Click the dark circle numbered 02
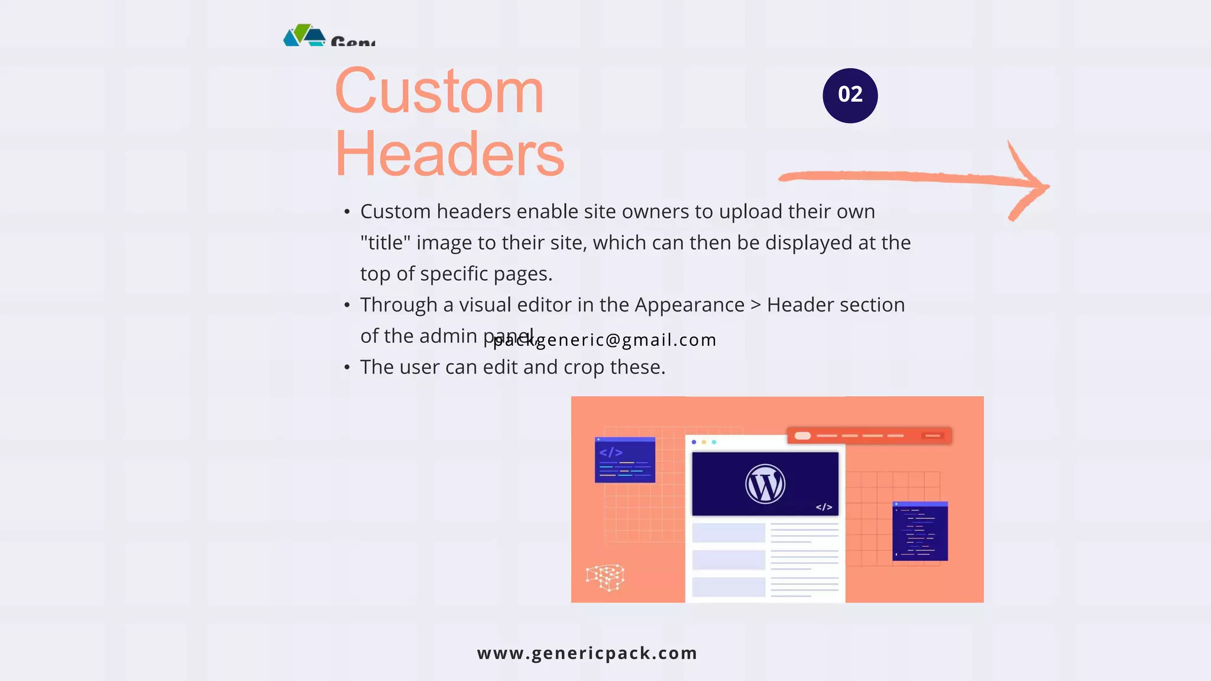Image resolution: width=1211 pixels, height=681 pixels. [850, 95]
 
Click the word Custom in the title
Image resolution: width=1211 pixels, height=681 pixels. [439, 92]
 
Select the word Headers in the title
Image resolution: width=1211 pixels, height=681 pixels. [449, 154]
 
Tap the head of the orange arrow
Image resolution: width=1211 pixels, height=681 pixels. [1032, 184]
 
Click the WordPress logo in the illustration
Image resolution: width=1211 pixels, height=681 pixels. [765, 484]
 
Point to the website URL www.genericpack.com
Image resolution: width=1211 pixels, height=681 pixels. [587, 653]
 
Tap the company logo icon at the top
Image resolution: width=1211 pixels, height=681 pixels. [305, 35]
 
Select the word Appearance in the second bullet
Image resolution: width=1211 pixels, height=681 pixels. [689, 305]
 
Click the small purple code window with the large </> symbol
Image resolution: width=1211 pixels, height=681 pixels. [625, 460]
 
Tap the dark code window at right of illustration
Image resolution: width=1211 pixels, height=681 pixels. [920, 531]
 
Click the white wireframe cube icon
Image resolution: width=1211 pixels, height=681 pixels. [605, 577]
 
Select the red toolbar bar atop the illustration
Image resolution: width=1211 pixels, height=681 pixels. [869, 436]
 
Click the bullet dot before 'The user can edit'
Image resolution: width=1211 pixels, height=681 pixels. [347, 368]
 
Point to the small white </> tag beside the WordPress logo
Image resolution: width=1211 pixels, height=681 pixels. [824, 507]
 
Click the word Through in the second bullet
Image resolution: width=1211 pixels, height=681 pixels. [399, 305]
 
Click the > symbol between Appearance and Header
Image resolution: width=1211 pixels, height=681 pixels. [756, 306]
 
